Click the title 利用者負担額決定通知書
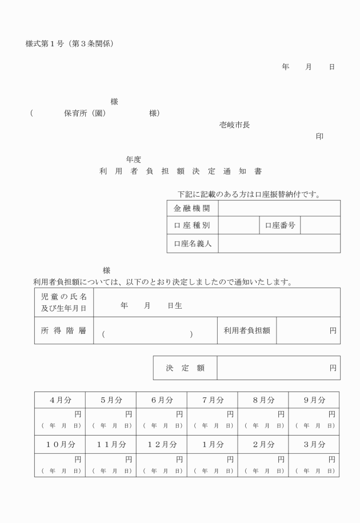click(180, 171)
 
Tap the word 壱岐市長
click(234, 125)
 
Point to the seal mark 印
click(319, 136)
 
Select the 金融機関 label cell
click(192, 208)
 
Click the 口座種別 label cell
click(192, 226)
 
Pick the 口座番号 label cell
click(279, 226)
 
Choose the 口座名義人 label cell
click(192, 243)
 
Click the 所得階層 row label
click(63, 330)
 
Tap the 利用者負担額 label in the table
click(247, 330)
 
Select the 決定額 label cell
click(185, 368)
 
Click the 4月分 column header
click(59, 400)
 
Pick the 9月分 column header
click(313, 400)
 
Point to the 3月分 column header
click(313, 444)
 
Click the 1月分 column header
click(212, 444)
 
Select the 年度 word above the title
click(134, 159)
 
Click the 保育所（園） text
click(85, 113)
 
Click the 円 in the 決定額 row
click(333, 368)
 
